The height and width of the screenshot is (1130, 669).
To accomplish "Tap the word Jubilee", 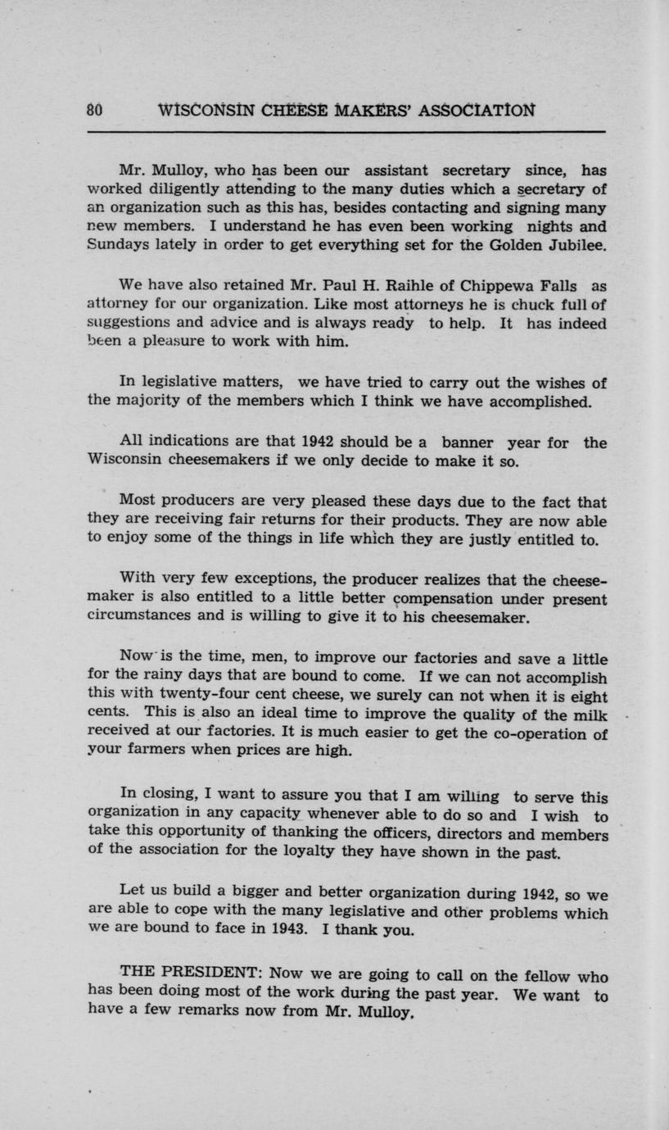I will tap(573, 245).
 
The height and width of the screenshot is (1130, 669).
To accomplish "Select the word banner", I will tap(466, 443).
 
